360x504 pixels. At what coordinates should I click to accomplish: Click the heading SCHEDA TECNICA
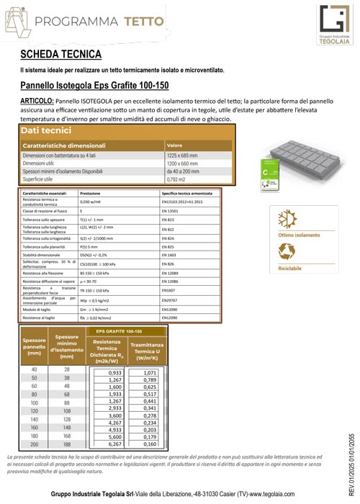pos(60,54)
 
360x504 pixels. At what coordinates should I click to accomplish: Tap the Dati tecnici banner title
pos(46,131)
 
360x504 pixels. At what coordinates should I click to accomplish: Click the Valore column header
pos(175,145)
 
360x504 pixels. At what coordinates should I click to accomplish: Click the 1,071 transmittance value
pos(150,373)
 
